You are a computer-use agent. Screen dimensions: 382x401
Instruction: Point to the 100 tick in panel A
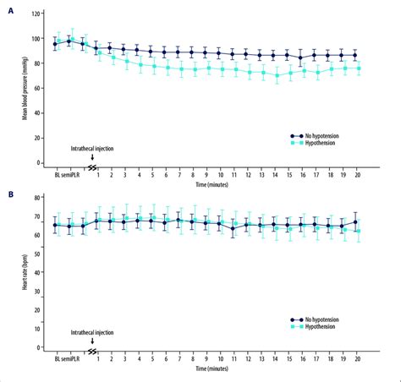click(41, 39)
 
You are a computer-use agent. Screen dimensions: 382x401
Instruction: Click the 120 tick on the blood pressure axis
click(41, 14)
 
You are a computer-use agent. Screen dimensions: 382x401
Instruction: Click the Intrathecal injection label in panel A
click(91, 147)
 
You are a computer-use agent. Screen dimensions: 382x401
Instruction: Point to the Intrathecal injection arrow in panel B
click(91, 341)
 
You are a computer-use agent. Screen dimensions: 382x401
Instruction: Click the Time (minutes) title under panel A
click(215, 184)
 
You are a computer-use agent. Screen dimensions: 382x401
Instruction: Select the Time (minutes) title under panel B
click(215, 369)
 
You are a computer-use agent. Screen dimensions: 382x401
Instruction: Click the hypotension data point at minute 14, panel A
click(276, 76)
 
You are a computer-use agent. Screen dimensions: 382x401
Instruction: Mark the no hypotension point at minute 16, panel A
click(302, 58)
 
